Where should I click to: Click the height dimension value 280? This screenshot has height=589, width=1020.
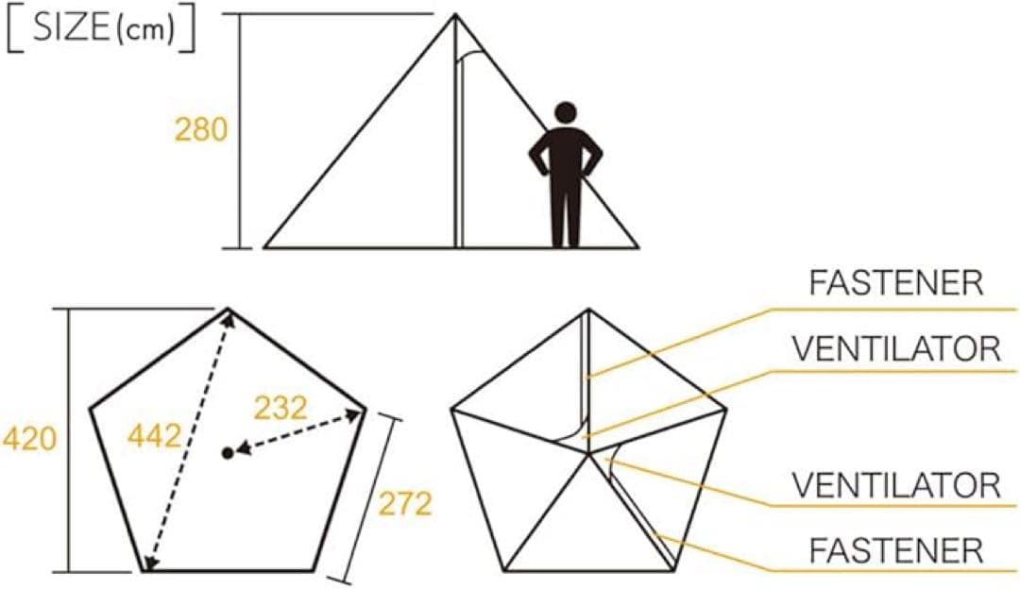pyautogui.click(x=202, y=130)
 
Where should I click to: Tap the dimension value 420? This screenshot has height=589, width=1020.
pyautogui.click(x=30, y=439)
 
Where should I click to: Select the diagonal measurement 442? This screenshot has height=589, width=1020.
pyautogui.click(x=154, y=435)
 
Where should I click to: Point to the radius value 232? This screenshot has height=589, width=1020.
pyautogui.click(x=280, y=409)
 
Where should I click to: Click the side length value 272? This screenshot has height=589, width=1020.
pyautogui.click(x=405, y=503)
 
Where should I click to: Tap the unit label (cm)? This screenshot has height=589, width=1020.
pyautogui.click(x=145, y=30)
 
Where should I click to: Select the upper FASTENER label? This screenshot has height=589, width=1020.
pyautogui.click(x=895, y=283)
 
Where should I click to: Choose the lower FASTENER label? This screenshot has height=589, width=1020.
pyautogui.click(x=895, y=550)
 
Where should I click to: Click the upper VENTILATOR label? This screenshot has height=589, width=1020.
pyautogui.click(x=895, y=349)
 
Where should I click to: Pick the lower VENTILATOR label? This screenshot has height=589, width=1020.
pyautogui.click(x=895, y=485)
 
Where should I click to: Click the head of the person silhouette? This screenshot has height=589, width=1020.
pyautogui.click(x=566, y=112)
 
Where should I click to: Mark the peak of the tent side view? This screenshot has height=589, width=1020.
pyautogui.click(x=455, y=14)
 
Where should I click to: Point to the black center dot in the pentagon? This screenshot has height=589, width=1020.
pyautogui.click(x=228, y=453)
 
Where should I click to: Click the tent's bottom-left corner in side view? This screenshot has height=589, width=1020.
pyautogui.click(x=264, y=247)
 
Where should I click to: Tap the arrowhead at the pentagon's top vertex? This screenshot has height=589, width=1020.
pyautogui.click(x=229, y=316)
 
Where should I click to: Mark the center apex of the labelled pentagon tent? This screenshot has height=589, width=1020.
pyautogui.click(x=588, y=454)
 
